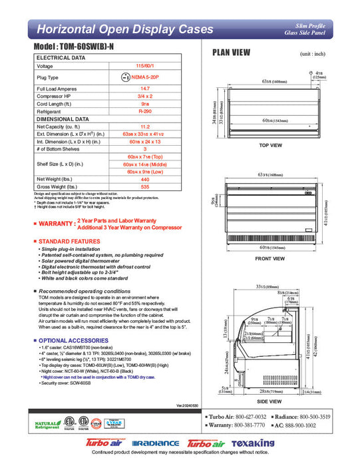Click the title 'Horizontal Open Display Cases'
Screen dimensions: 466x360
[x=124, y=29]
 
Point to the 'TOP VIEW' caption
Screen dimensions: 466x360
[x=271, y=144]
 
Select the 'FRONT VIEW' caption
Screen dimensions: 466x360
[x=270, y=258]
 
